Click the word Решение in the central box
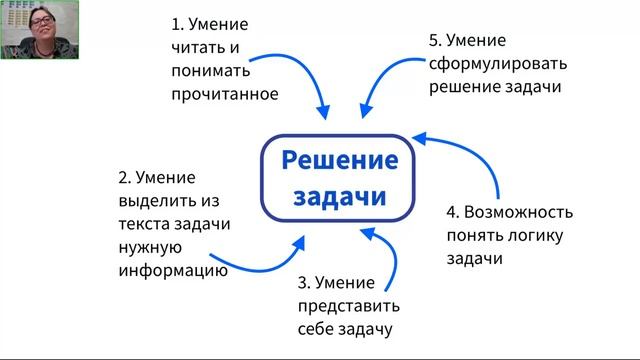337,159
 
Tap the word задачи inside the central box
337,196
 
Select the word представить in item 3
348,305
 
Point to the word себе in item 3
316,328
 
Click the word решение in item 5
462,88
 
